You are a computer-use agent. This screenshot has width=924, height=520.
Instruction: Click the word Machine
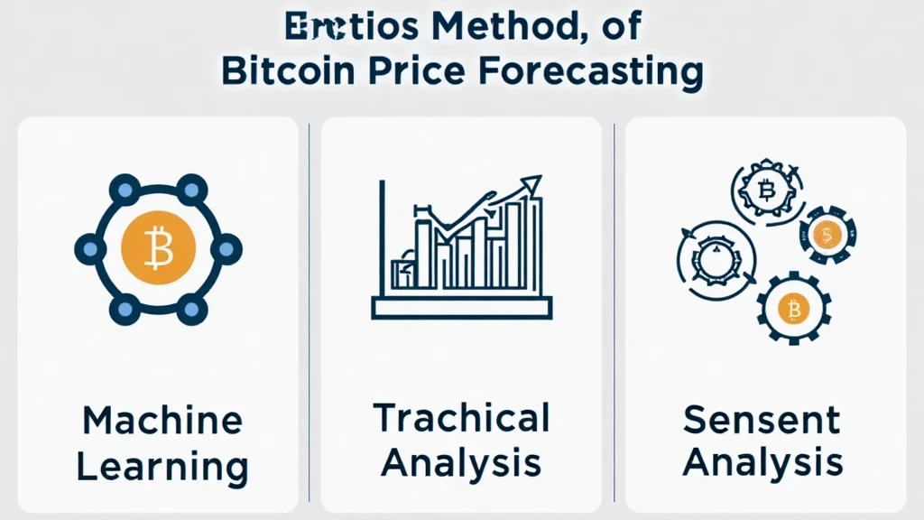click(162, 422)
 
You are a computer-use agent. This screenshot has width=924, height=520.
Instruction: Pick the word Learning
click(162, 468)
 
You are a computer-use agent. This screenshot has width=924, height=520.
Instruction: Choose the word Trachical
click(461, 418)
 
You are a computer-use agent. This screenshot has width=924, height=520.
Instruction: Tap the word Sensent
click(762, 420)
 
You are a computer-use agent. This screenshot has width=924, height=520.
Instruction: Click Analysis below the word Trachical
click(461, 464)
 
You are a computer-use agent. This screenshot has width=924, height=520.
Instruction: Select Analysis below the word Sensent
click(762, 464)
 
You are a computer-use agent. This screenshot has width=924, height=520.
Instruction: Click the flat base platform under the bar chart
click(461, 308)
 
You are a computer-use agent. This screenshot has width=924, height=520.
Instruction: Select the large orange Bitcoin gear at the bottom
click(794, 311)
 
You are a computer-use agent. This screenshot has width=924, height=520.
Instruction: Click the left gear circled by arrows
click(709, 257)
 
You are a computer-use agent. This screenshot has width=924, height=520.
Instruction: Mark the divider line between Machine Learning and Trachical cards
click(310, 311)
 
